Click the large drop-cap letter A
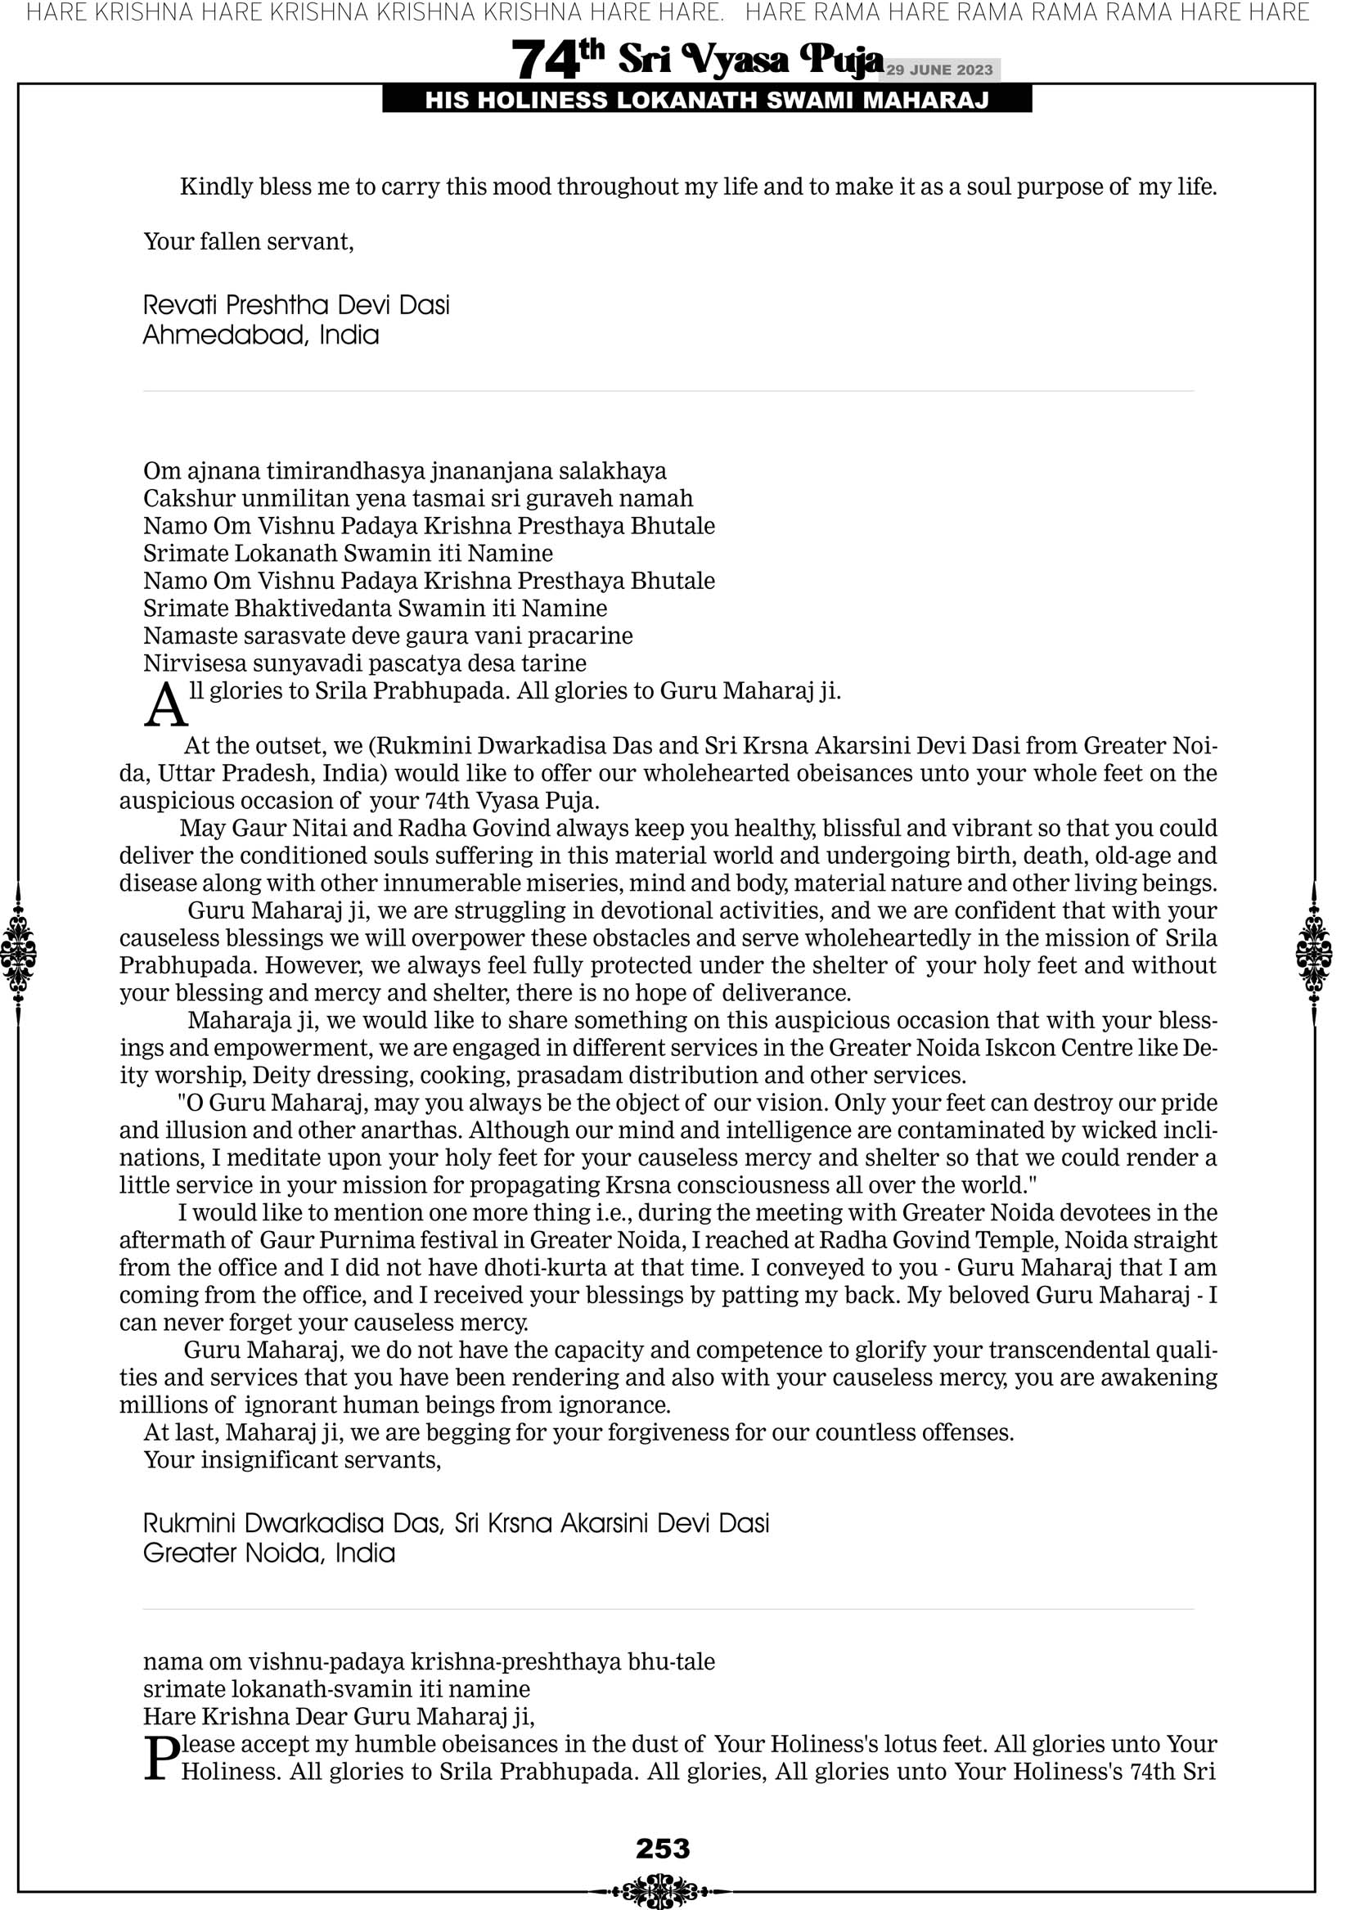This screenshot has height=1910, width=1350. coord(165,706)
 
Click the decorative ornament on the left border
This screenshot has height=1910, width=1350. coord(18,953)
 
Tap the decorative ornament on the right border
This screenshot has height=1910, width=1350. coord(1314,953)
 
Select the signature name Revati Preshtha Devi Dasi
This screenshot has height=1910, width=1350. coord(296,305)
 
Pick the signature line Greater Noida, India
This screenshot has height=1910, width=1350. coord(269,1553)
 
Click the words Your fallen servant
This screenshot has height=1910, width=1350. coord(248,241)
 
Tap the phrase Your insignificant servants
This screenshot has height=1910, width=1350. coord(291,1460)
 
